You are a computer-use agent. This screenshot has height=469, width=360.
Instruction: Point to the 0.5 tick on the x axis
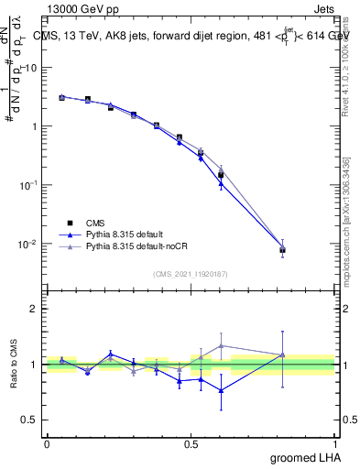(191, 444)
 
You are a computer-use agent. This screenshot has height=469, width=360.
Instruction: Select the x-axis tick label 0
(47, 444)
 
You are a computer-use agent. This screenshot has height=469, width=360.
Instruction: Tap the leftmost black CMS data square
(61, 97)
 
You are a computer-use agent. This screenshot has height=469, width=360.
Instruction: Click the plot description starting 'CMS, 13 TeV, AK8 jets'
(192, 37)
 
